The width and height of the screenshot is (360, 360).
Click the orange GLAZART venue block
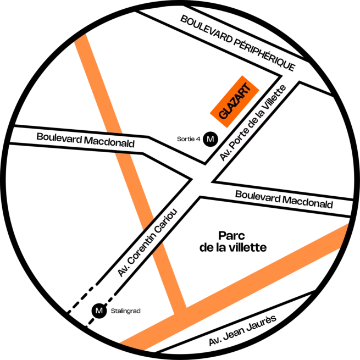[x=235, y=101]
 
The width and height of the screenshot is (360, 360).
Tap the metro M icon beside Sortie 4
[x=211, y=139]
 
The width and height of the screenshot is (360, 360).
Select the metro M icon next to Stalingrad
[x=99, y=311]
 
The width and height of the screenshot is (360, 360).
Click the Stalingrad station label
[x=125, y=311]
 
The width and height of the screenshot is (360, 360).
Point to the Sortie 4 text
[x=189, y=139]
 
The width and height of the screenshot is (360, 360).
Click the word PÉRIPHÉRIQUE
[x=264, y=54]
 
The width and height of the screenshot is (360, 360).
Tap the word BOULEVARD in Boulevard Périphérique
[x=207, y=29]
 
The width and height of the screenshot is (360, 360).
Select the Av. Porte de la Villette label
[x=253, y=123]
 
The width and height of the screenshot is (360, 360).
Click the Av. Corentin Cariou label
[x=147, y=242]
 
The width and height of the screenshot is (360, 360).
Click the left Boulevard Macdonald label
[x=85, y=140]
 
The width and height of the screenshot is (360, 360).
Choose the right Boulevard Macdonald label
[x=284, y=200]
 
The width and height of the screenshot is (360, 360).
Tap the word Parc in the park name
[x=231, y=236]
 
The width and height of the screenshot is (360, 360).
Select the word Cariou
[x=166, y=221]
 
